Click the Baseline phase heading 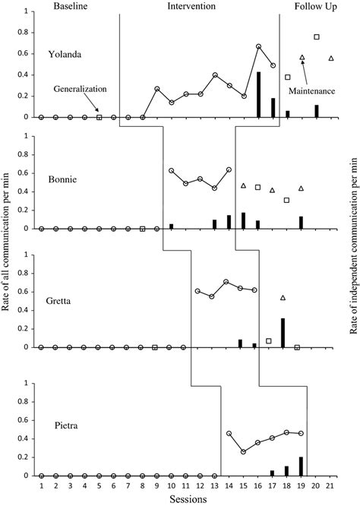pyautogui.click(x=71, y=6)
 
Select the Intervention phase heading pyautogui.click(x=191, y=6)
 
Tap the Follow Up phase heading pyautogui.click(x=315, y=6)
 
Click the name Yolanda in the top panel pyautogui.click(x=65, y=54)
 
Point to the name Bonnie pyautogui.click(x=62, y=179)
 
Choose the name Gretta pyautogui.click(x=58, y=301)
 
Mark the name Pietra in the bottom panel pyautogui.click(x=66, y=425)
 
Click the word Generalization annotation pyautogui.click(x=80, y=89)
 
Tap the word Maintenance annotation pyautogui.click(x=311, y=91)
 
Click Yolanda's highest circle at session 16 pyautogui.click(x=258, y=46)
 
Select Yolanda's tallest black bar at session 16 pyautogui.click(x=258, y=94)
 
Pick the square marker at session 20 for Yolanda pyautogui.click(x=317, y=36)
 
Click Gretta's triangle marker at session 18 pyautogui.click(x=283, y=298)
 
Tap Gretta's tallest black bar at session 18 pyautogui.click(x=283, y=333)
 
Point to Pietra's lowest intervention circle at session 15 pyautogui.click(x=243, y=452)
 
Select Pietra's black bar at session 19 pyautogui.click(x=301, y=466)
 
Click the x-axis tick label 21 pyautogui.click(x=330, y=486)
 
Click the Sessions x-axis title pyautogui.click(x=188, y=499)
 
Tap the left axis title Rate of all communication pyautogui.click(x=5, y=242)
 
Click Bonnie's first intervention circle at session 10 pyautogui.click(x=172, y=170)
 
